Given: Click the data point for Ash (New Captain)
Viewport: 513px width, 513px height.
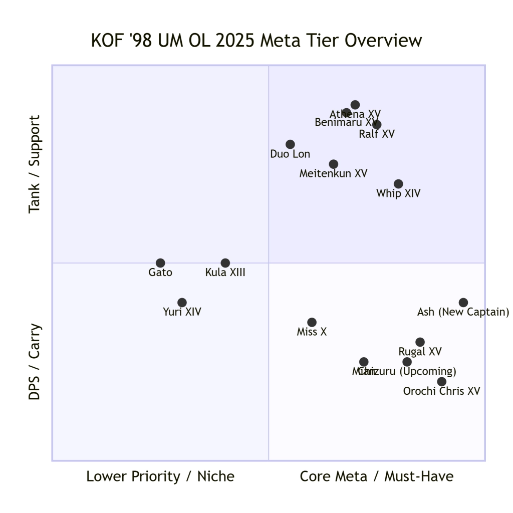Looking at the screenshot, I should click(x=463, y=303).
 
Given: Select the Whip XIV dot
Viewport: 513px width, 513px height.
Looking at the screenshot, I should click(x=398, y=184).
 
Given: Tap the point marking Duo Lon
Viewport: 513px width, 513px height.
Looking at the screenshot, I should click(x=290, y=144).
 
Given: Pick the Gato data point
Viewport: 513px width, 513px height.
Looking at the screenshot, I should click(x=160, y=263).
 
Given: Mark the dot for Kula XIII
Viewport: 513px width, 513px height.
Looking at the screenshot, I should click(x=225, y=263).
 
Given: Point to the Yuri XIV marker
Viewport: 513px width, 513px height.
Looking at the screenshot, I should click(x=182, y=303).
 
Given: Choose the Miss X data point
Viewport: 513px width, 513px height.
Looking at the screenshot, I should click(x=312, y=322).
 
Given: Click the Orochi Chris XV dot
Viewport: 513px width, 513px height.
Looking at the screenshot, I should click(x=441, y=382).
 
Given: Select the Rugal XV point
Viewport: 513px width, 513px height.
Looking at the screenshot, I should click(x=420, y=342).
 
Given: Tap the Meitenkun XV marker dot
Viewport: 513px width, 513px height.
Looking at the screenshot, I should click(x=334, y=164).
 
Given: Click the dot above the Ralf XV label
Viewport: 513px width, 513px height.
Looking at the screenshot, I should click(x=377, y=125).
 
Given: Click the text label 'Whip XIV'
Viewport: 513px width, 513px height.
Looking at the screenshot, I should click(x=398, y=193).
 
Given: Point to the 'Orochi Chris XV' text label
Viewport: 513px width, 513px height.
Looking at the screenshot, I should click(x=441, y=391).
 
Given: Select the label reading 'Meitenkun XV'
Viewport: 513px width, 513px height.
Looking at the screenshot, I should click(x=334, y=174).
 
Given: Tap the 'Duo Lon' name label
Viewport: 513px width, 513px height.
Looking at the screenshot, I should click(x=290, y=154).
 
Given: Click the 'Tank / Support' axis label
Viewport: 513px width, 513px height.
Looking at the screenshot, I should click(x=34, y=164).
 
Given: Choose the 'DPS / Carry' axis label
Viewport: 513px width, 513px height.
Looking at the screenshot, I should click(x=34, y=361).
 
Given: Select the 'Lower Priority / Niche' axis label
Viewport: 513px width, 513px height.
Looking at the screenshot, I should click(x=160, y=476).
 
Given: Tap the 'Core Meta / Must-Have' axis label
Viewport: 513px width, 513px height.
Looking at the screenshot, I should click(x=377, y=476).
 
